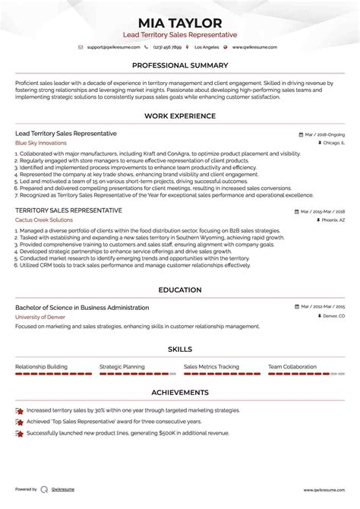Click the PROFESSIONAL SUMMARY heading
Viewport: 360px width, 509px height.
tap(180, 65)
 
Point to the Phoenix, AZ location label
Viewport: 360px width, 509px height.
tap(330, 220)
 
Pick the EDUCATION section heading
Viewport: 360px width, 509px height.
tap(180, 289)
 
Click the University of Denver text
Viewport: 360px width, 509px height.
tap(39, 316)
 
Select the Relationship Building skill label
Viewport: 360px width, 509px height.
tap(41, 366)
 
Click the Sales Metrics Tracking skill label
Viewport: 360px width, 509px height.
tap(211, 366)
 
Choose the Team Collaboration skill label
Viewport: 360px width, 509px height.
tap(292, 366)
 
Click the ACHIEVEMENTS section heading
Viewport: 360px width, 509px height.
tap(180, 393)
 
